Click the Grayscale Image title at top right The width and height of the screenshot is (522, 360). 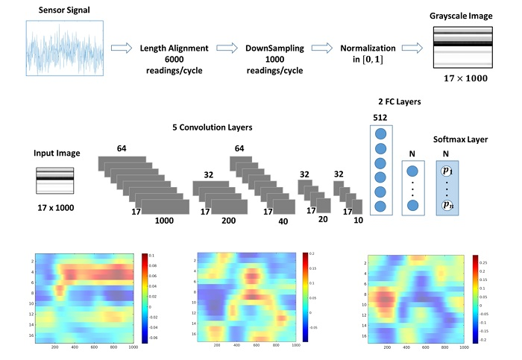click(462, 15)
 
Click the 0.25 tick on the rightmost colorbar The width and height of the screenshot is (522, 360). click(482, 263)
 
